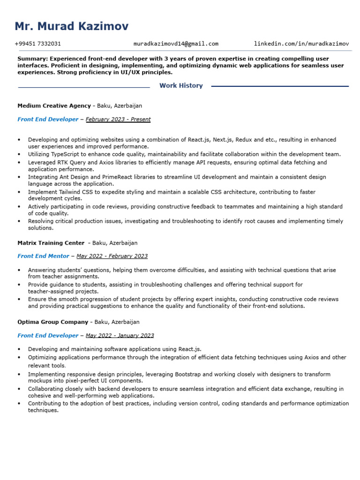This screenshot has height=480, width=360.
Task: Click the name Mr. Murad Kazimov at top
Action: point(71,26)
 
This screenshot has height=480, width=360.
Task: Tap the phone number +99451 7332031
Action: point(37,44)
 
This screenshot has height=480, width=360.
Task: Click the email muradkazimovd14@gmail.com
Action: point(176,44)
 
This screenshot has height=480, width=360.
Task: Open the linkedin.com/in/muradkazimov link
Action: point(301,44)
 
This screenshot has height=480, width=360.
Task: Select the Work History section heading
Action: point(181,86)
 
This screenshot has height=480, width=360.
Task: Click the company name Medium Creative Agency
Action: point(54,106)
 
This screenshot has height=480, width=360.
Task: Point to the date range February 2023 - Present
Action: point(118,120)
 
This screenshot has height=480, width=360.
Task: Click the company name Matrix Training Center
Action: point(51,243)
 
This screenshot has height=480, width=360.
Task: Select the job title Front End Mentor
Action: point(43,256)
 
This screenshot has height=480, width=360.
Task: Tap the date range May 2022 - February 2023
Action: point(112,256)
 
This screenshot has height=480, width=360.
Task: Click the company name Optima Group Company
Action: point(52,322)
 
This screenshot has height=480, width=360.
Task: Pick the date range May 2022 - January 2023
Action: point(120,336)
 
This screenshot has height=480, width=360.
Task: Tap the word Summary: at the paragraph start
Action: point(32,59)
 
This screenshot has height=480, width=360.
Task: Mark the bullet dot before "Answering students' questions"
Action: point(19,270)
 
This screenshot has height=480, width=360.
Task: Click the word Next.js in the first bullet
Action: point(222,140)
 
